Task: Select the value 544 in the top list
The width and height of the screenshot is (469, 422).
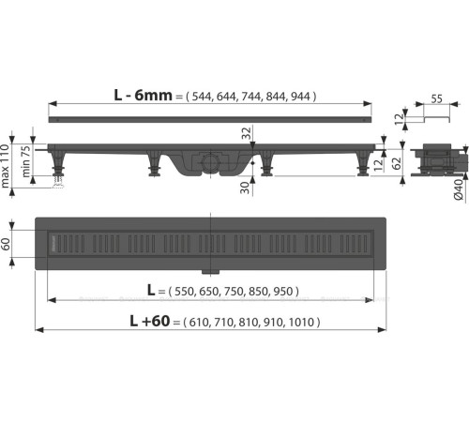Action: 206,97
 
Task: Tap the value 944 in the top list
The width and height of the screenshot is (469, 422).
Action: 302,97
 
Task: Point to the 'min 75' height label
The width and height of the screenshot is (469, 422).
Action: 29,159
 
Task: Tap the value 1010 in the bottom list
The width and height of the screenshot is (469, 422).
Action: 303,323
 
